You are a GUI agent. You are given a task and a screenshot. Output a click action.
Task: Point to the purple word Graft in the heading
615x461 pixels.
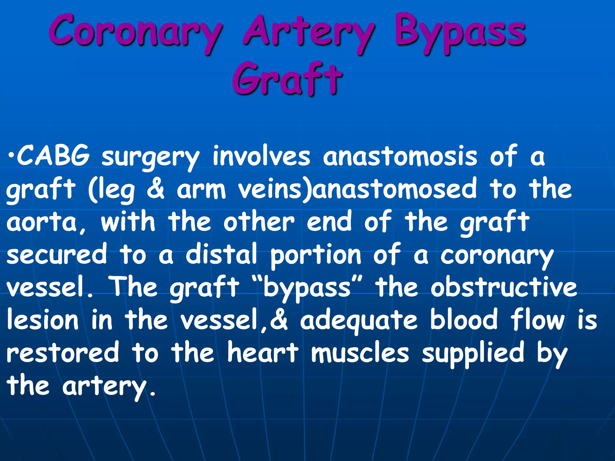(x=287, y=79)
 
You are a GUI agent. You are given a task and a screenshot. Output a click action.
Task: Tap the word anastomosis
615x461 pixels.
(x=400, y=156)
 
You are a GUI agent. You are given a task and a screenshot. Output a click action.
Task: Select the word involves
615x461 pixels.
(x=261, y=156)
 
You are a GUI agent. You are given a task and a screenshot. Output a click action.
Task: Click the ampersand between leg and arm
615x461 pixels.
(x=156, y=189)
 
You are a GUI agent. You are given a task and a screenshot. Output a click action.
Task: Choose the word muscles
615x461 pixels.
(x=360, y=353)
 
